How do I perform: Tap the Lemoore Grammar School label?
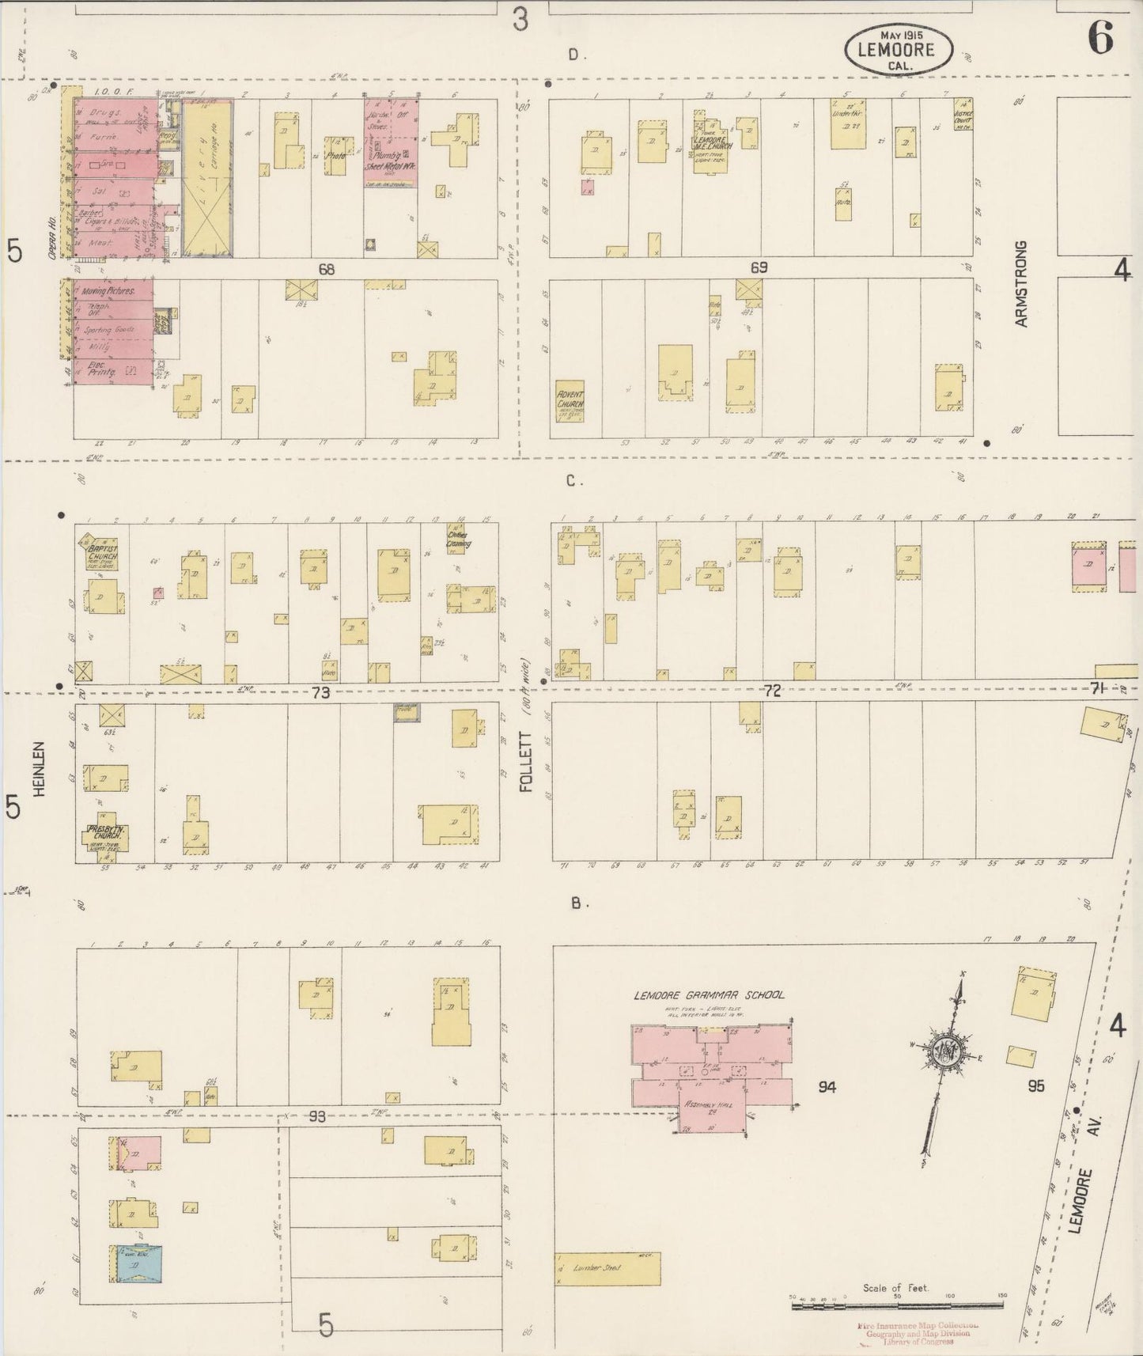point(710,994)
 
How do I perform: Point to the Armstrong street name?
point(1020,284)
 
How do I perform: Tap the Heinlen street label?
point(42,768)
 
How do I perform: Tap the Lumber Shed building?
point(607,1267)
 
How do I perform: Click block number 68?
point(326,270)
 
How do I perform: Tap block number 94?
point(827,1087)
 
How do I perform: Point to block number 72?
point(772,691)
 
